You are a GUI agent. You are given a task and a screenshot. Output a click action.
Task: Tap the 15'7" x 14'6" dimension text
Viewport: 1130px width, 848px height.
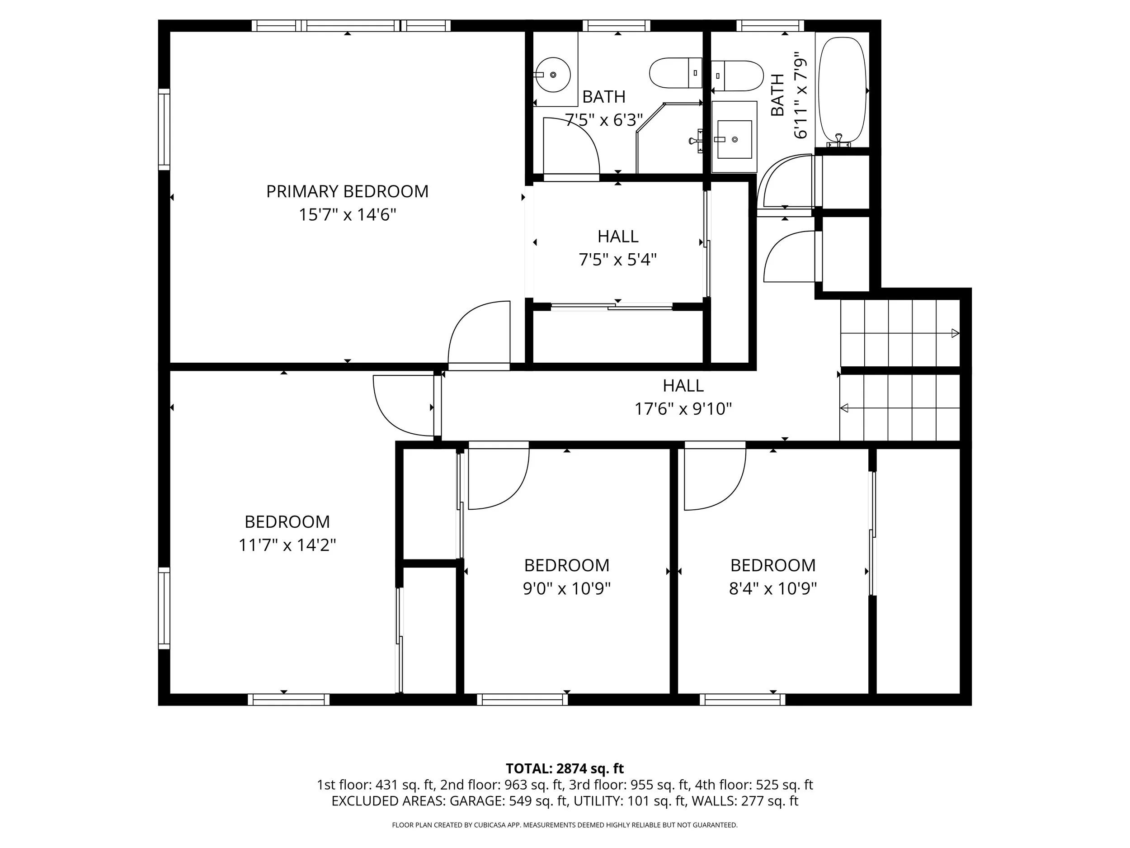point(348,215)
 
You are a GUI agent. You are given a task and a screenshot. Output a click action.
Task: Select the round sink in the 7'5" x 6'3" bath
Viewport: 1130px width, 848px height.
point(553,75)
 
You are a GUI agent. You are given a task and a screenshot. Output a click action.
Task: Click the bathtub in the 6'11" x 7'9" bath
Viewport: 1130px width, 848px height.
point(843,90)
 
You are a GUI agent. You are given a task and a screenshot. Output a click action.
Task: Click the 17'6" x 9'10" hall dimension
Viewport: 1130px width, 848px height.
point(683,409)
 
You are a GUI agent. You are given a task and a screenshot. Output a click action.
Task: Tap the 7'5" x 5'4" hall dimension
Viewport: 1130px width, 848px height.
point(617,260)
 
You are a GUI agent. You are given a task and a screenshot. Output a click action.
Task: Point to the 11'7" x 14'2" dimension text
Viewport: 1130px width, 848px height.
point(287,545)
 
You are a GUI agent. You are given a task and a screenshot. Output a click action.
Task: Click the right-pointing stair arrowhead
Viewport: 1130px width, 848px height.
point(955,333)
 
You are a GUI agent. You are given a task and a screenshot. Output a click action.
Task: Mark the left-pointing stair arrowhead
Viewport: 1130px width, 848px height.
point(844,408)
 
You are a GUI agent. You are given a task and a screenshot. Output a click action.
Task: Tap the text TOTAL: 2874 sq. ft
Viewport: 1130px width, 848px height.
point(565,768)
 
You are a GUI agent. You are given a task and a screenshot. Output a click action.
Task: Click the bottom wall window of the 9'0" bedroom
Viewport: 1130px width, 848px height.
point(522,699)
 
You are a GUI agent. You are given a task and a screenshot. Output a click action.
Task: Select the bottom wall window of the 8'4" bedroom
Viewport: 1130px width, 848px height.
point(742,699)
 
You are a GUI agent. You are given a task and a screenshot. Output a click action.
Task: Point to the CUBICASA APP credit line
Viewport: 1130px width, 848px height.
point(565,825)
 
